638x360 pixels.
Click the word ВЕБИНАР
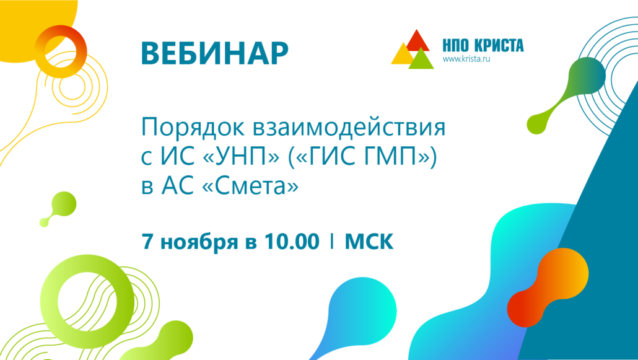coord(214,53)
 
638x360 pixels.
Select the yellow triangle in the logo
coord(403,55)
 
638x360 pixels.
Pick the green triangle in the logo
coord(421,59)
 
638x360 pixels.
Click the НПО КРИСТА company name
coord(483,46)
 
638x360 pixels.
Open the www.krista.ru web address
coord(466,59)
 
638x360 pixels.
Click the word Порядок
coord(193,128)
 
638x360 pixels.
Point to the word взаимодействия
coord(349,128)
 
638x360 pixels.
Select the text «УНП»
coord(241,157)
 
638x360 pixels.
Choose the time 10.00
coord(292,241)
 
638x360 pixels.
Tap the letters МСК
coord(369,241)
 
